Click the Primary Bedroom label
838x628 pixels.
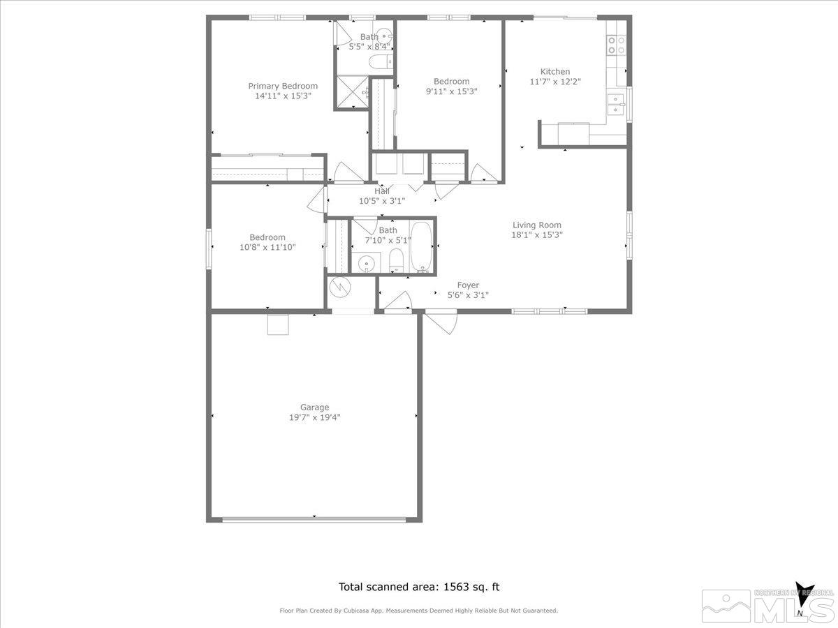pyautogui.click(x=283, y=86)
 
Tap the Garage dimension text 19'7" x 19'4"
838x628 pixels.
pyautogui.click(x=314, y=417)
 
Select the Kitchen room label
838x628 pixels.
pyautogui.click(x=555, y=71)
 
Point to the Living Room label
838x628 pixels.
pyautogui.click(x=536, y=225)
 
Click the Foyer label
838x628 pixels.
pyautogui.click(x=467, y=285)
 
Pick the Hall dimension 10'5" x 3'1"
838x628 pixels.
pyautogui.click(x=381, y=201)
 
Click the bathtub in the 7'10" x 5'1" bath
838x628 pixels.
pyautogui.click(x=421, y=246)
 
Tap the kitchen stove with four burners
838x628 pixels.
pyautogui.click(x=616, y=45)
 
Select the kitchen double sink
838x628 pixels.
pyautogui.click(x=616, y=104)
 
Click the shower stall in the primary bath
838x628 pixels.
pyautogui.click(x=352, y=92)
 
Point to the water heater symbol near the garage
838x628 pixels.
pyautogui.click(x=340, y=285)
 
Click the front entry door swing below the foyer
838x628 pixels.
pyautogui.click(x=441, y=323)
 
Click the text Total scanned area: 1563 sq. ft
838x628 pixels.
pyautogui.click(x=419, y=587)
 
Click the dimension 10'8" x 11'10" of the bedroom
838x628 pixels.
pyautogui.click(x=267, y=247)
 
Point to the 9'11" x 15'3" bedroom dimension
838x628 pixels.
pyautogui.click(x=451, y=91)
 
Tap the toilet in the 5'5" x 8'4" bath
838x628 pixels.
pyautogui.click(x=381, y=62)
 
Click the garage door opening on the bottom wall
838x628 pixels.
pyautogui.click(x=314, y=519)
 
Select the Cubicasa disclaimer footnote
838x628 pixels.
pyautogui.click(x=419, y=611)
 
